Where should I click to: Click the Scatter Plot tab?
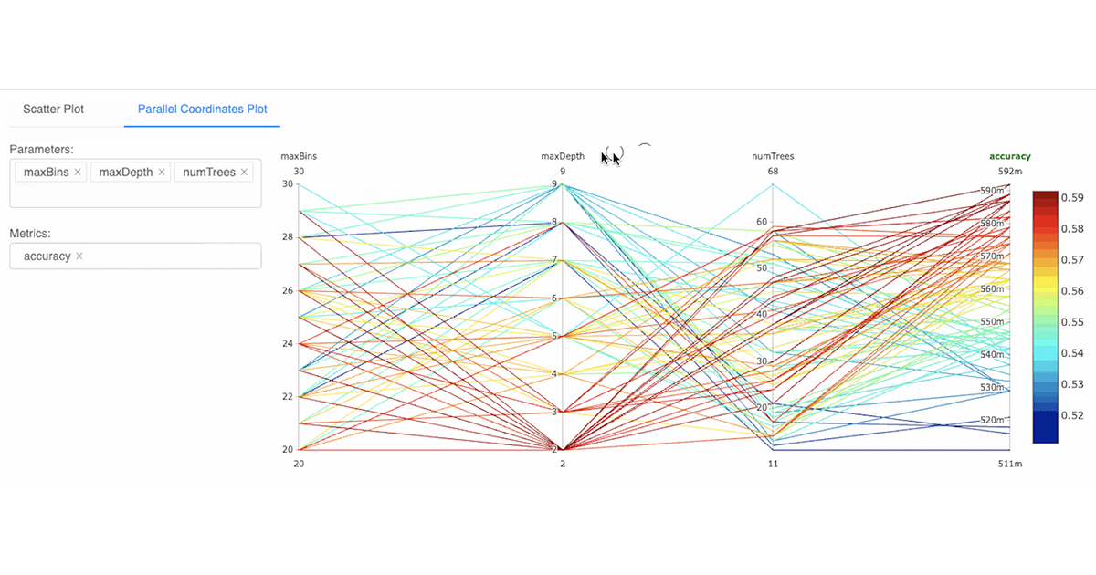click(x=53, y=110)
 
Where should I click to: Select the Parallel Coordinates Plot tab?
click(x=202, y=110)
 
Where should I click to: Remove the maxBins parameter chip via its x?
click(x=78, y=172)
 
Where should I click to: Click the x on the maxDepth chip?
click(x=162, y=172)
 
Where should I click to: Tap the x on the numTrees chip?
click(x=244, y=172)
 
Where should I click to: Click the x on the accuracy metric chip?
click(x=79, y=256)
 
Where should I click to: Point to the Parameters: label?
click(x=41, y=149)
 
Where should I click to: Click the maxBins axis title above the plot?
click(x=299, y=157)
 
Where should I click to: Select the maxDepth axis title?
click(x=563, y=157)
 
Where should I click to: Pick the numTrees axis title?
click(x=773, y=157)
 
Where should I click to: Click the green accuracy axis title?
click(x=1009, y=157)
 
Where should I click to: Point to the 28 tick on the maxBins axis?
click(x=287, y=237)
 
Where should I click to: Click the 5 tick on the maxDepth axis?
click(x=553, y=336)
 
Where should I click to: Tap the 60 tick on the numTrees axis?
click(x=761, y=222)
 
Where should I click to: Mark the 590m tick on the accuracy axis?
click(x=991, y=191)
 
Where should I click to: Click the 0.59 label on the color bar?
click(x=1072, y=197)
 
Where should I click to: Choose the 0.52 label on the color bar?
click(x=1072, y=415)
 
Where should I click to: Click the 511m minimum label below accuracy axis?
click(x=1009, y=465)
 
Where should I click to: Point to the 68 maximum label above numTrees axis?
click(x=773, y=172)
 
